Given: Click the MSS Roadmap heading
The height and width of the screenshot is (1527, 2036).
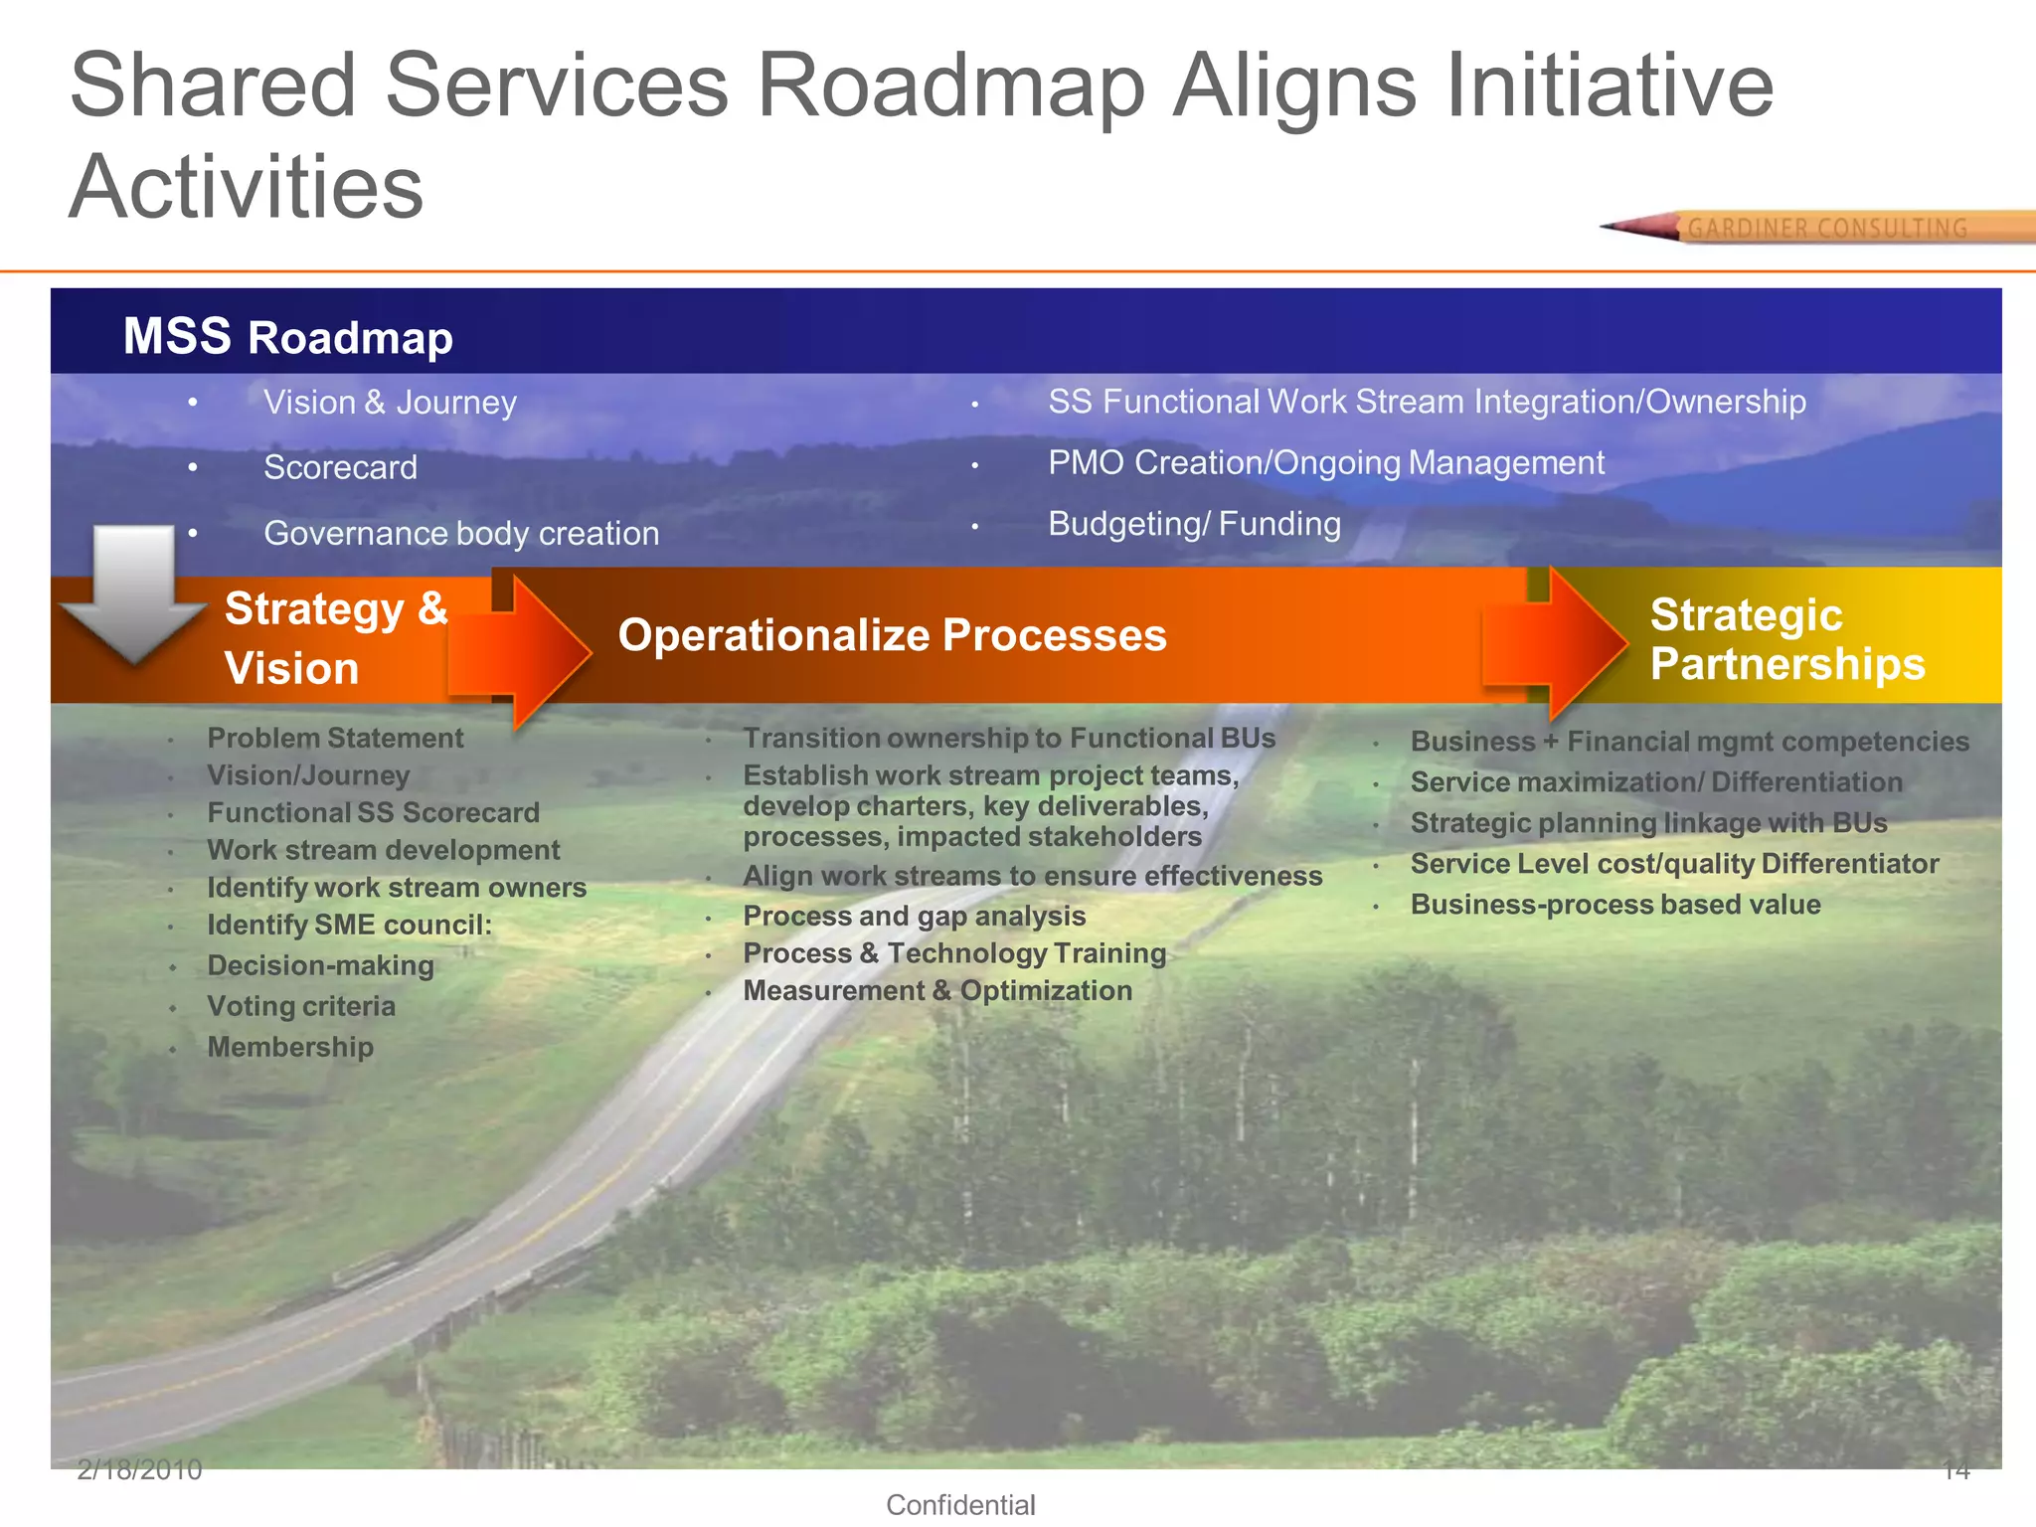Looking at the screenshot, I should pyautogui.click(x=287, y=336).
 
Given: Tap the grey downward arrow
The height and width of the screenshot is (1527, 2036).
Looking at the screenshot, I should pyautogui.click(x=131, y=592).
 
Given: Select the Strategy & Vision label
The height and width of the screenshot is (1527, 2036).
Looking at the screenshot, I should pyautogui.click(x=335, y=637).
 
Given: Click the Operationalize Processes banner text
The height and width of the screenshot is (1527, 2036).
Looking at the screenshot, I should pyautogui.click(x=892, y=635).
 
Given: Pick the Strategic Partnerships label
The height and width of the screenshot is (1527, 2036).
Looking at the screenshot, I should pyautogui.click(x=1786, y=639).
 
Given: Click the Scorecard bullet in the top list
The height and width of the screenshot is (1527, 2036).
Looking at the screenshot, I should pyautogui.click(x=340, y=467).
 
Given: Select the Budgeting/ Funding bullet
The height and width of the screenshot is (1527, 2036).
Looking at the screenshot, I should pyautogui.click(x=1194, y=524).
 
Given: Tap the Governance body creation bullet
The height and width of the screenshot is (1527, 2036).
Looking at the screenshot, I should pyautogui.click(x=461, y=534).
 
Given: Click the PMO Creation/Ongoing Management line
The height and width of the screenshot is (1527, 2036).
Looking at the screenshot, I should pyautogui.click(x=1325, y=463).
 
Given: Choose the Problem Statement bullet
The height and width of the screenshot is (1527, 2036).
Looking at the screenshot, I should pyautogui.click(x=335, y=738).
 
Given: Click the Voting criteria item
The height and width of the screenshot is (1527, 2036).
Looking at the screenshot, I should pyautogui.click(x=301, y=1006).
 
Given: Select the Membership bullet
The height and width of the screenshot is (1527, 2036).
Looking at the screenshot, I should pyautogui.click(x=290, y=1047).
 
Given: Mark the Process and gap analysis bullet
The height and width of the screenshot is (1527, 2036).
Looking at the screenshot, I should pyautogui.click(x=914, y=916).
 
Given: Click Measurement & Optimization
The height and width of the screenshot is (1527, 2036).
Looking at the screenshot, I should pyautogui.click(x=937, y=990).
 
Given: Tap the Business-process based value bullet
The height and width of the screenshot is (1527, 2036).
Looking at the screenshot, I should pyautogui.click(x=1615, y=905).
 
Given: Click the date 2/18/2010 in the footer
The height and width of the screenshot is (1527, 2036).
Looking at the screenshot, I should pyautogui.click(x=139, y=1470).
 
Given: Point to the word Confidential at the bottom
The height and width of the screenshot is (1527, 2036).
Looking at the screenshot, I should pyautogui.click(x=960, y=1505).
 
